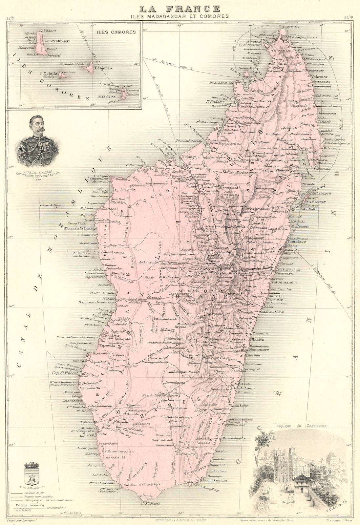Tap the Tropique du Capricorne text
(x=297, y=427)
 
